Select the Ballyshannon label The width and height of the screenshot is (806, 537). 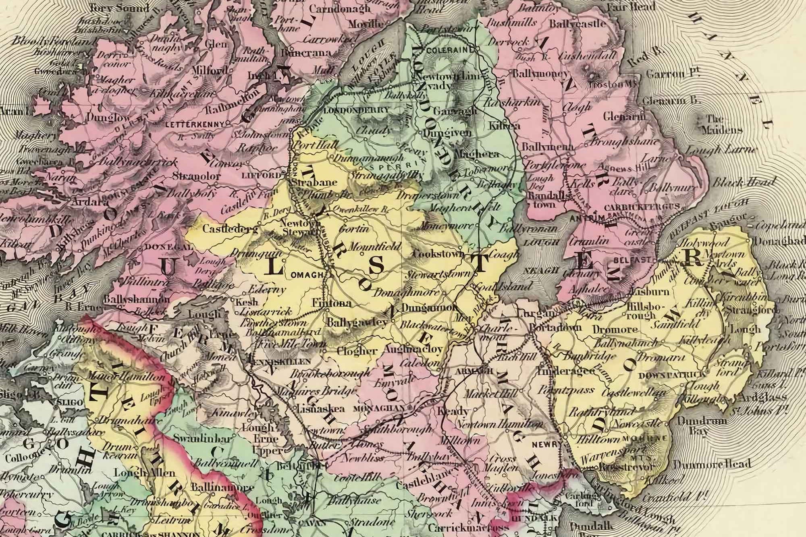[131, 300]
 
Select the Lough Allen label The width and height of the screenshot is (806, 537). [145, 472]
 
